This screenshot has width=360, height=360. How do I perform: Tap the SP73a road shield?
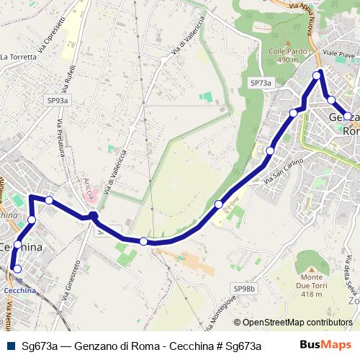tap(261, 84)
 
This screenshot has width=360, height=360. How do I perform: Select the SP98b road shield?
tap(245, 288)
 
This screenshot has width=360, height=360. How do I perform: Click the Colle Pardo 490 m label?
tap(283, 56)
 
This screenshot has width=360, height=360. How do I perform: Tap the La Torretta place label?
tap(19, 56)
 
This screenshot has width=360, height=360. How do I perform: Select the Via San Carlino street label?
tap(284, 171)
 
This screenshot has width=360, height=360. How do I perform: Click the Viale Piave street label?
tap(340, 55)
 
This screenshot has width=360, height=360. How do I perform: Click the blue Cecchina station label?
tap(19, 290)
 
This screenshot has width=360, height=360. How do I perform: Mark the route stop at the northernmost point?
tap(317, 75)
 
